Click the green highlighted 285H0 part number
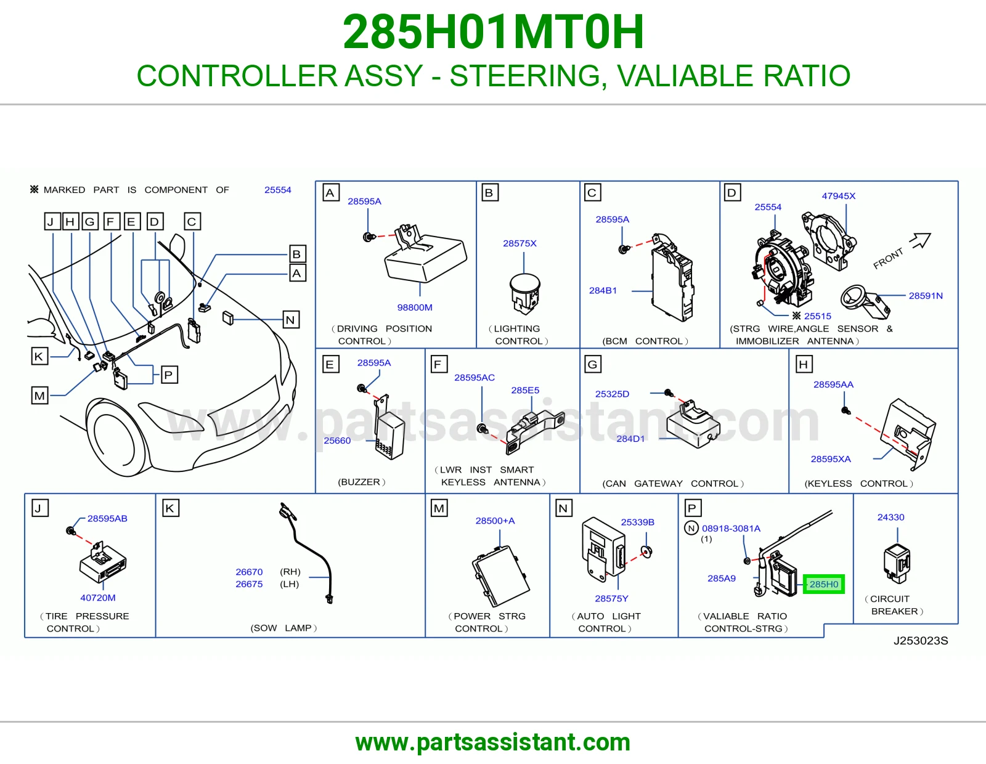coord(823,584)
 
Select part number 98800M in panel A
coord(415,307)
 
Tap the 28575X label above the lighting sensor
coord(519,243)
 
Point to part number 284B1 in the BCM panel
coord(603,291)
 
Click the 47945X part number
coord(839,196)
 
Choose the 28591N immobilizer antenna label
coord(926,296)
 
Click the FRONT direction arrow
coord(921,240)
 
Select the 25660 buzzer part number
coord(337,441)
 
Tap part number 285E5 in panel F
coord(525,390)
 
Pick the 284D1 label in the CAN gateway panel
coord(630,439)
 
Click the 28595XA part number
coord(831,459)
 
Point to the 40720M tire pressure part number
coord(98,598)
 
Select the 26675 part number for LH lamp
coord(249,584)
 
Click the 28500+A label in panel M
coord(495,521)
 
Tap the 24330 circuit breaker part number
coord(890,517)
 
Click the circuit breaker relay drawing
coord(897,563)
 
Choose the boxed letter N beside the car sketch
coord(290,320)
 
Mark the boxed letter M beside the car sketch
coord(39,396)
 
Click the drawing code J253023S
coord(921,641)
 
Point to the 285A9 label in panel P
coord(722,579)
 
